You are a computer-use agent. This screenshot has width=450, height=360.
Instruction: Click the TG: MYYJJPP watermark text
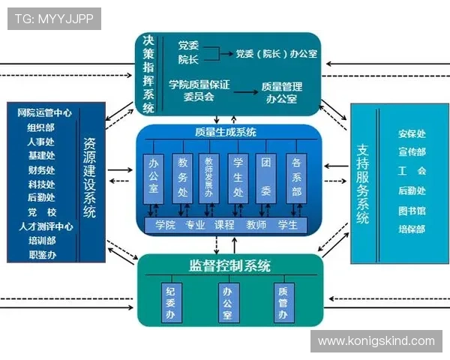click(x=53, y=19)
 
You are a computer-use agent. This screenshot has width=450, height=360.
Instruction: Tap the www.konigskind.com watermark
click(x=376, y=341)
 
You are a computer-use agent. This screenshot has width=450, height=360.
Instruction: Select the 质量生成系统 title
click(x=226, y=133)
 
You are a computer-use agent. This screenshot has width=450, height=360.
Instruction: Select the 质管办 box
click(x=283, y=303)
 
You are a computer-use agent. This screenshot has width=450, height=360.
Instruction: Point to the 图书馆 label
click(x=412, y=211)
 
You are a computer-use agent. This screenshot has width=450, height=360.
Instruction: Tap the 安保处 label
click(x=412, y=134)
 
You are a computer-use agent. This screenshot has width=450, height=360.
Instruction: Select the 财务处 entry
click(x=40, y=169)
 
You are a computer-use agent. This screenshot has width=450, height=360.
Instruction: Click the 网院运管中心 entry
click(x=45, y=112)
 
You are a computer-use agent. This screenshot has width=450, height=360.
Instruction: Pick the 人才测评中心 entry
click(x=46, y=226)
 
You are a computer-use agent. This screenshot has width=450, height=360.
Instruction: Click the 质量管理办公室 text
click(x=281, y=92)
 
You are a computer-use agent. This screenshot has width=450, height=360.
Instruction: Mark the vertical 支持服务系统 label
click(x=363, y=184)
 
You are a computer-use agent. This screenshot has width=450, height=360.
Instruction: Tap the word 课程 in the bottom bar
click(x=225, y=225)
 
